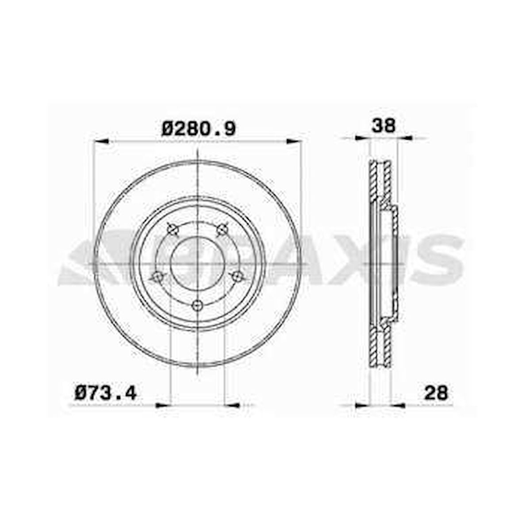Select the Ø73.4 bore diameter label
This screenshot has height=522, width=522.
(x=106, y=392)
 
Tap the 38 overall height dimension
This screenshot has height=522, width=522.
(x=383, y=126)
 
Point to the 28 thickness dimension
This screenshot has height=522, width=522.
(x=436, y=392)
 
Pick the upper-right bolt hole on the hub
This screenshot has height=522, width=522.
(x=222, y=229)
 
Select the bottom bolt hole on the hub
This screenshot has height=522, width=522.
(x=197, y=305)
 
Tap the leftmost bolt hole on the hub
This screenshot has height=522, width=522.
(x=157, y=277)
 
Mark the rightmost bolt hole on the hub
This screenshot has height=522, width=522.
(x=238, y=277)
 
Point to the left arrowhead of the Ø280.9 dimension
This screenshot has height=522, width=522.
(x=101, y=141)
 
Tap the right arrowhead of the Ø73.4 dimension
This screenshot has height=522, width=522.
(x=232, y=405)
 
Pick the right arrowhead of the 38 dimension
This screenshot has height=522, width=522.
(x=405, y=138)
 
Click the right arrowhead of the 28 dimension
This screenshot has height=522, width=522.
(x=399, y=405)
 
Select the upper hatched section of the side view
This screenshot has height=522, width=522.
(x=380, y=181)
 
